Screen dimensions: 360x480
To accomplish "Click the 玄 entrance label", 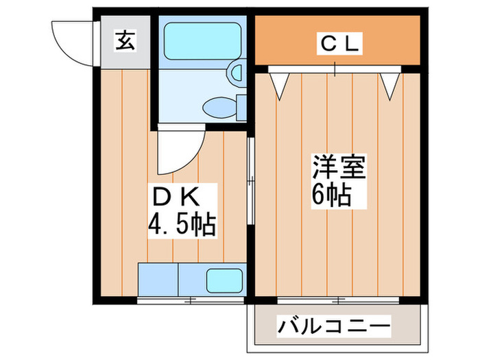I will [x=123, y=41].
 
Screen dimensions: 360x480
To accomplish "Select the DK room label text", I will [x=175, y=197].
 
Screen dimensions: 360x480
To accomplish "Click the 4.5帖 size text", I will [x=182, y=224].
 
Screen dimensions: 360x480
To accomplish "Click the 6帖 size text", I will [x=332, y=196].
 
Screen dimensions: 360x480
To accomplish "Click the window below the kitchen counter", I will [x=189, y=300].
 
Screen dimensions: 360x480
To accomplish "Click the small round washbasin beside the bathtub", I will [x=236, y=72].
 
